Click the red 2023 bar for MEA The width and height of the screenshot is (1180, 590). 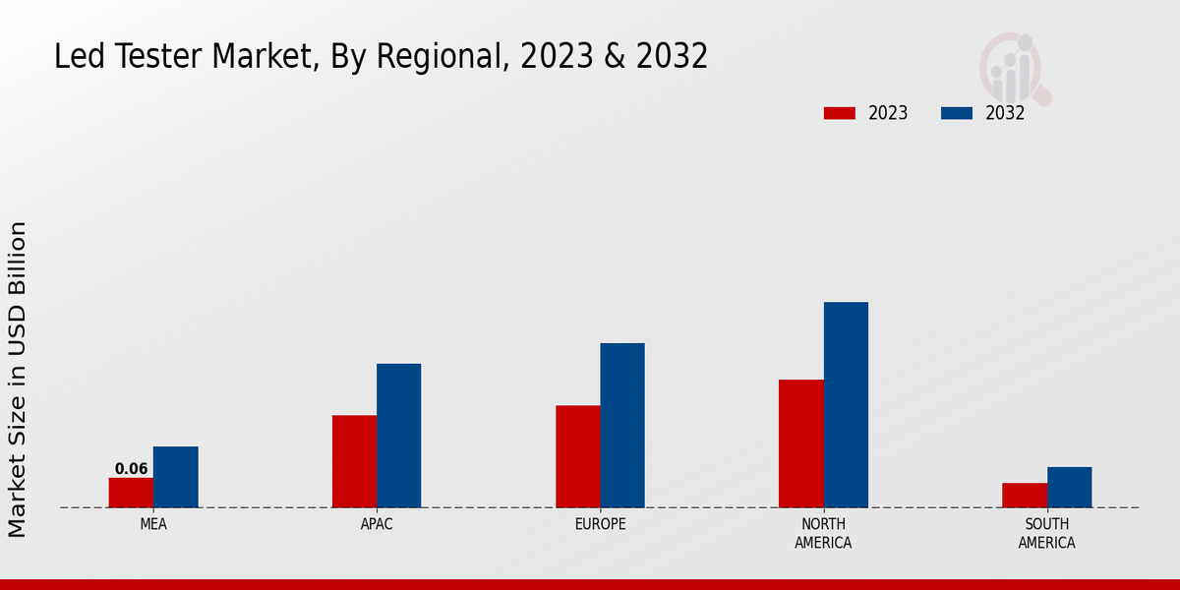coord(131,493)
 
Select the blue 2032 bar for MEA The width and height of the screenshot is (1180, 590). coord(175,477)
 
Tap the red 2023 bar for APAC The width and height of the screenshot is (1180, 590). coord(354,461)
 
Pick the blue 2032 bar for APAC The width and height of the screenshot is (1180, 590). coord(398,436)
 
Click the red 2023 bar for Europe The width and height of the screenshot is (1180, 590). coord(577,456)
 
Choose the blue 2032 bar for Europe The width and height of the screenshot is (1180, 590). coord(622,425)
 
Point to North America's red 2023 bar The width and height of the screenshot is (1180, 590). coord(800,443)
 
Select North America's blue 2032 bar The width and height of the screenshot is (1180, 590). coord(846,404)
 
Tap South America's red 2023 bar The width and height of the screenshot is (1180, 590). coord(1024,496)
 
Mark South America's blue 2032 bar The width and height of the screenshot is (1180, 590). coord(1069,487)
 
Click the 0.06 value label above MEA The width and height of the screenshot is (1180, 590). coord(131,469)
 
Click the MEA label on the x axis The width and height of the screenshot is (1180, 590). coord(153,524)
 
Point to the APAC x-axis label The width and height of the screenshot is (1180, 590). coord(377,524)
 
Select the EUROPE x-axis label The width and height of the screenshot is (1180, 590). coord(600,524)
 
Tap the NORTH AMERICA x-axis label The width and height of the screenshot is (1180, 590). coord(823,533)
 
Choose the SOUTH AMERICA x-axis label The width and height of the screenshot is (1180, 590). coord(1046,533)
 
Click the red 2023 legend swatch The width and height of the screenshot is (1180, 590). coord(839,113)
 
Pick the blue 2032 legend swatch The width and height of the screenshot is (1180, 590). coord(956,113)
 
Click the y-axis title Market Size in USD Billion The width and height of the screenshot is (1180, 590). coord(18,379)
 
